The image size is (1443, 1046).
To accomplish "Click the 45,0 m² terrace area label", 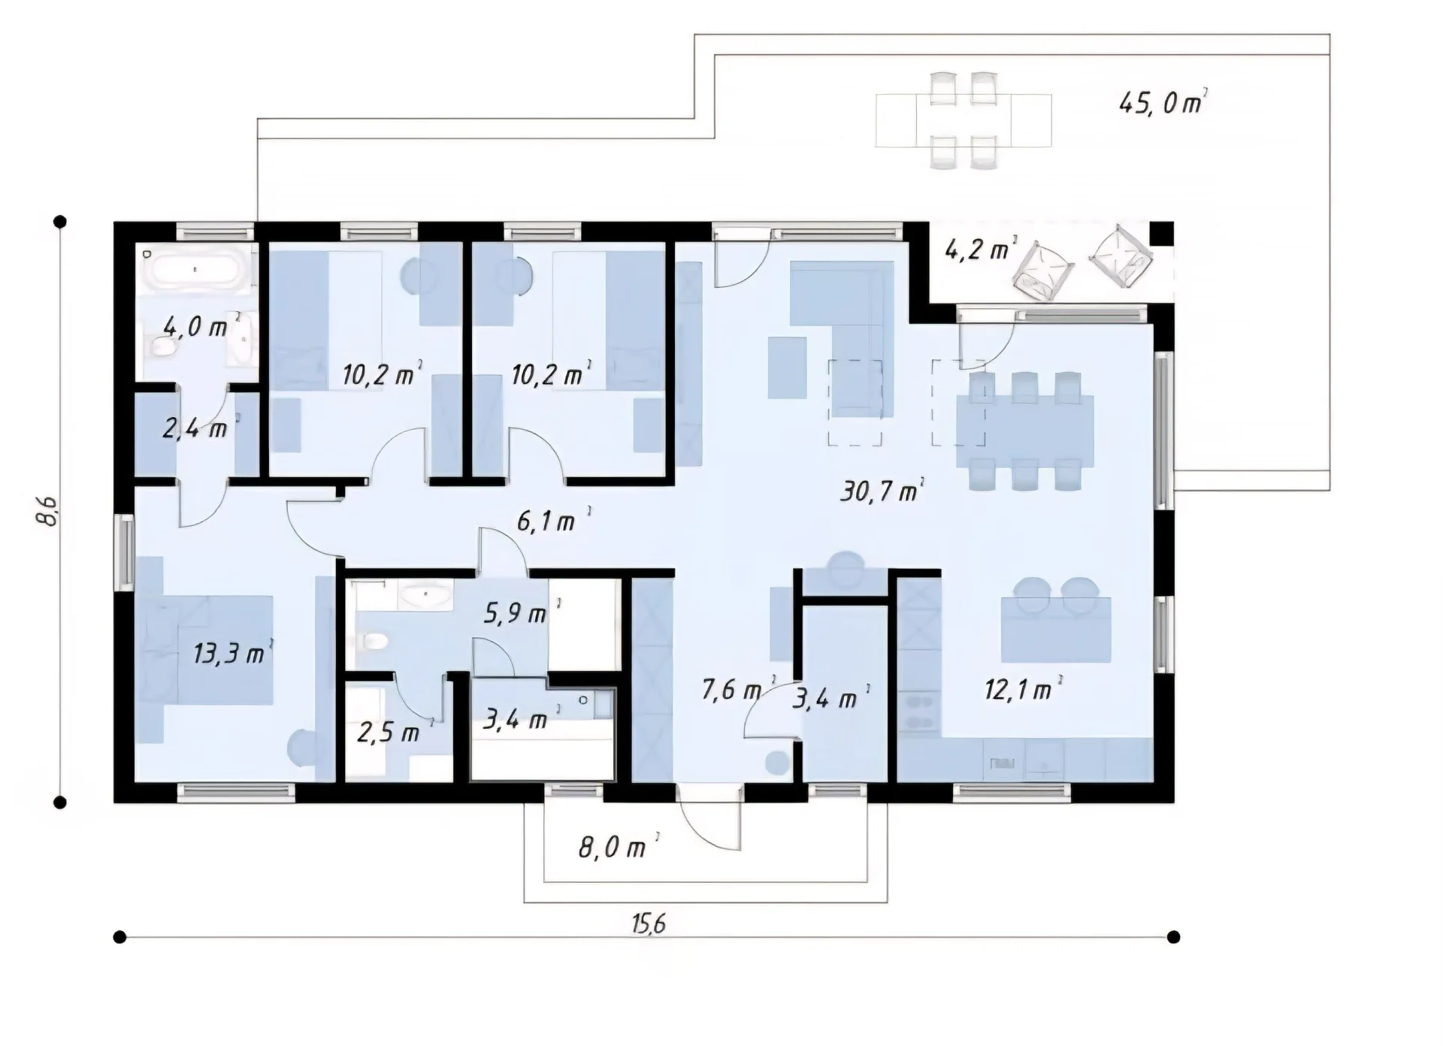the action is pos(1163,101).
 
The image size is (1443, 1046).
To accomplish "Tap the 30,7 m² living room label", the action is pos(882,491).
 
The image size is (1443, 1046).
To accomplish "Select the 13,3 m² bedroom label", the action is pos(232,653).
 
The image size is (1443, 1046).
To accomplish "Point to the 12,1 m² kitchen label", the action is pos(1023,688).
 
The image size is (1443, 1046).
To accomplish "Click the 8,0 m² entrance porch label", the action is pos(619,847).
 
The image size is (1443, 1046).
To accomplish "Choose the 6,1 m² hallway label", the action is pos(553,520).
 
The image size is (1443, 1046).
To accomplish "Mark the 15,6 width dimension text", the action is pos(649,924).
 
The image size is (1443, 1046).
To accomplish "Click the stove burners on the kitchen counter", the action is pos(918,712).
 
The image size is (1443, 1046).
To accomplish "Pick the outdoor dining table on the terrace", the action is pos(964,120).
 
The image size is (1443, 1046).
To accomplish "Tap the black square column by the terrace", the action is pos(1161,233).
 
